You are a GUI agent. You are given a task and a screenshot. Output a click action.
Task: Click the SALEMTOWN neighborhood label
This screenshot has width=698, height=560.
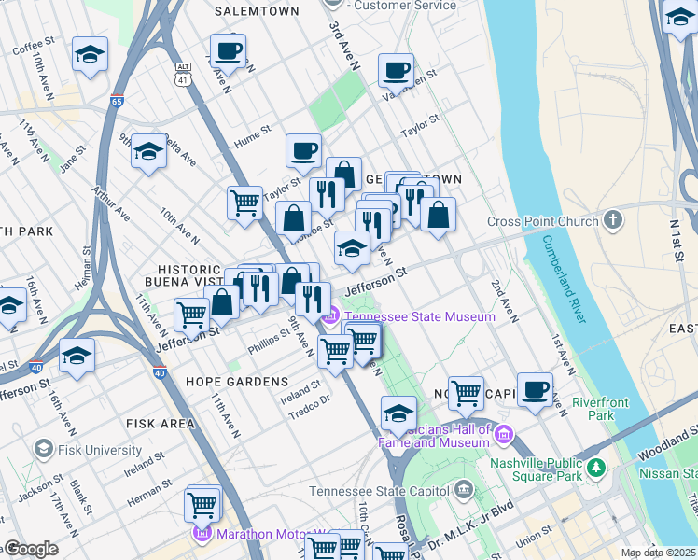pyautogui.click(x=257, y=11)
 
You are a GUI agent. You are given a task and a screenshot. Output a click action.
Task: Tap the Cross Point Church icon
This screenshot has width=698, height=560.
pyautogui.click(x=612, y=221)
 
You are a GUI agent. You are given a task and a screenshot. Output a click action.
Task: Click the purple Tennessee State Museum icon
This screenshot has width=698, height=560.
pyautogui.click(x=328, y=317)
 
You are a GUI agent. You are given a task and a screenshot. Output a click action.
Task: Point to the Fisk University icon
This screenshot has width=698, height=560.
pyautogui.click(x=42, y=450)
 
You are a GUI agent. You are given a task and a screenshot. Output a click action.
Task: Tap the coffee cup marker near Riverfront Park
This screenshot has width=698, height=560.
pyautogui.click(x=535, y=388)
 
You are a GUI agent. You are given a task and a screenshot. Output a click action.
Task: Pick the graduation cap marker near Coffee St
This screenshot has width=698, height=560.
pyautogui.click(x=91, y=54)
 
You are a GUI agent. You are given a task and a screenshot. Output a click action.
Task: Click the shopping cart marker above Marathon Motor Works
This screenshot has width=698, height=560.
pyautogui.click(x=202, y=503)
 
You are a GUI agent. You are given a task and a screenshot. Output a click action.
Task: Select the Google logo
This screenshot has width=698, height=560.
pyautogui.click(x=30, y=549)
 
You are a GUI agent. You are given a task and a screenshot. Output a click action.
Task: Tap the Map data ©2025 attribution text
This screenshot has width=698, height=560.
pyautogui.click(x=657, y=553)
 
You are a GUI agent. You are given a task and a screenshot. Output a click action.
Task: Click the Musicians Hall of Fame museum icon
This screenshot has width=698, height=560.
pyautogui.click(x=504, y=434)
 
